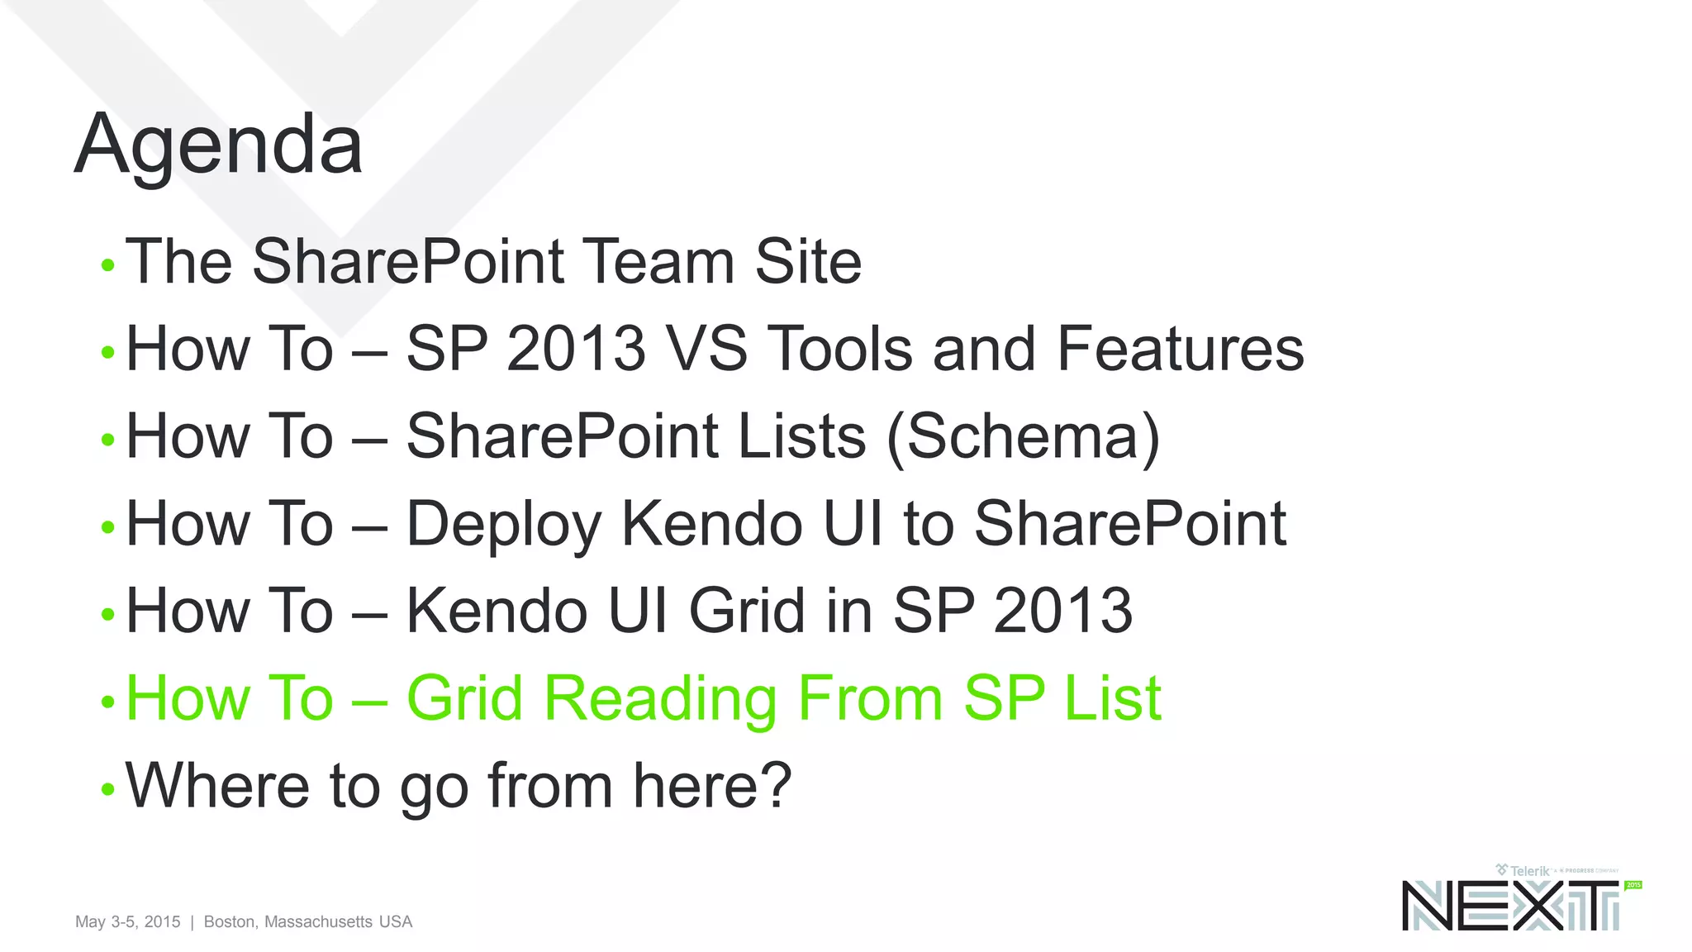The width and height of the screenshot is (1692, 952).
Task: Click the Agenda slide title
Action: (x=218, y=145)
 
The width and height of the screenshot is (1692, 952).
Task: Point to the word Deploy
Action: (x=503, y=524)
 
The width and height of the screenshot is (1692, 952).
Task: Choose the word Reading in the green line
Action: (x=660, y=699)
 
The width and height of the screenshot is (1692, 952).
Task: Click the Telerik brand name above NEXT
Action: (x=1529, y=871)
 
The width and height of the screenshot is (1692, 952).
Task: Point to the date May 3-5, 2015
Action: (x=127, y=921)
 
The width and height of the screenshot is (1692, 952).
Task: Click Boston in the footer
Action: (x=231, y=921)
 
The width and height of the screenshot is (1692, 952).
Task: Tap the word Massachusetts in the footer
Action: (x=318, y=921)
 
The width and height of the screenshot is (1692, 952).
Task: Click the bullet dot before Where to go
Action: (x=107, y=790)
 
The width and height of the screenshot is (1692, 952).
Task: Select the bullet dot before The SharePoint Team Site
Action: (x=107, y=266)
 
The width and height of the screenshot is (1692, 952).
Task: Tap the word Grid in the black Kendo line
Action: (x=748, y=612)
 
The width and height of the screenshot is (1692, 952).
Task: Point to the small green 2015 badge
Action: (x=1633, y=885)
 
